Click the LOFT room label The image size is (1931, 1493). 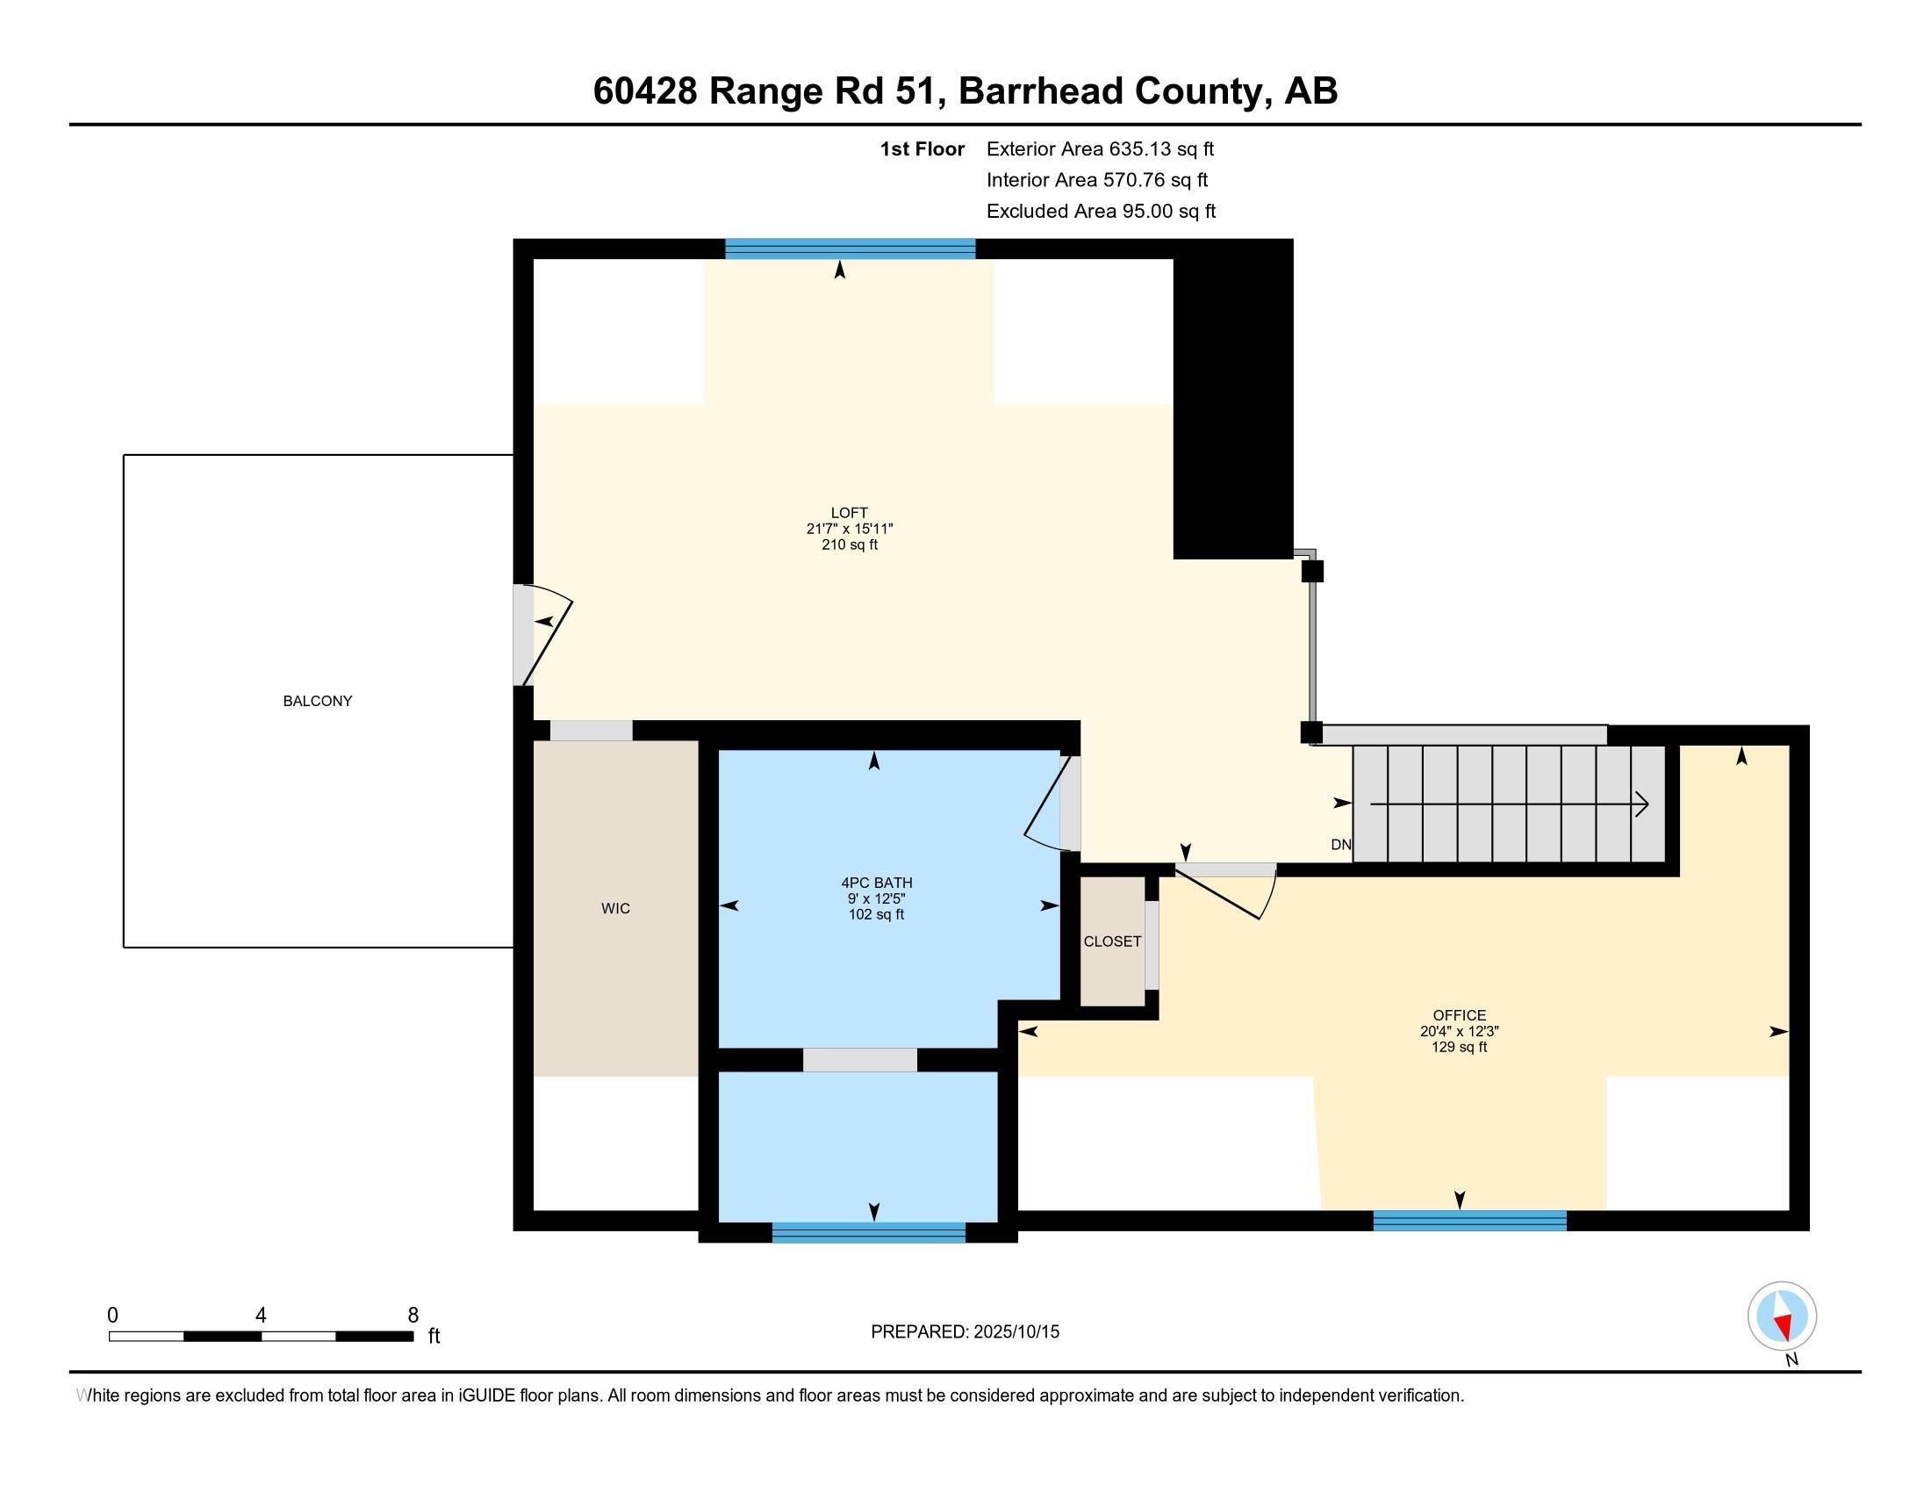[x=849, y=512]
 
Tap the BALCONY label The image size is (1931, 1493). [x=318, y=701]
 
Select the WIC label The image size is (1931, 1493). [x=615, y=908]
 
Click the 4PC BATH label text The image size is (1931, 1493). [x=876, y=882]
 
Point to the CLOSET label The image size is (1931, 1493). [x=1112, y=941]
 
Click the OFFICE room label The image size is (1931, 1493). [x=1459, y=1014]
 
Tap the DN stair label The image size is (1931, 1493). [x=1340, y=845]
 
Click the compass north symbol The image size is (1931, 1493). [x=1782, y=1316]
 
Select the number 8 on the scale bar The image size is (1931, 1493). [x=413, y=1316]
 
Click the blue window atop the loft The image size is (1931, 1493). [x=850, y=249]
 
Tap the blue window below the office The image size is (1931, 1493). [x=1469, y=1221]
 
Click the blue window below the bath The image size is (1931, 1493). [x=868, y=1232]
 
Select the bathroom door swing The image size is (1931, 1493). [x=1048, y=804]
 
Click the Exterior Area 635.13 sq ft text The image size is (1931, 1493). [x=1100, y=148]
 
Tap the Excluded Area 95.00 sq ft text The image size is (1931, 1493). [x=1101, y=211]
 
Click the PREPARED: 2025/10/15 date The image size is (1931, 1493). [x=965, y=1331]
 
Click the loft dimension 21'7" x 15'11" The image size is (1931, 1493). [x=849, y=528]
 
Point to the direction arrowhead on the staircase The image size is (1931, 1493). [x=1642, y=804]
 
